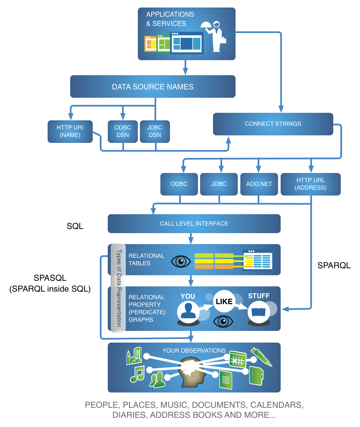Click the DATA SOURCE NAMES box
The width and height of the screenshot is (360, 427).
pos(152,87)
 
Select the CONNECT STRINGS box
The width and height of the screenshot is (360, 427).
pos(273,124)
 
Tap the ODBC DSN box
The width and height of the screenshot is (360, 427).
pos(122,131)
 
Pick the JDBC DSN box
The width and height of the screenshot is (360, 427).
pos(155,131)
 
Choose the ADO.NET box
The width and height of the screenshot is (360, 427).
pos(259,184)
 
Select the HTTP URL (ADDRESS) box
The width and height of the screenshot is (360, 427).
pos(310,184)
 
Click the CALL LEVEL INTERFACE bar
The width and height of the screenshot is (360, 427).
pos(194,224)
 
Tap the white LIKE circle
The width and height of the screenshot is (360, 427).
pos(224,301)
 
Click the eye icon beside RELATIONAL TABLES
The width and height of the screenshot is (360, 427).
pos(181,262)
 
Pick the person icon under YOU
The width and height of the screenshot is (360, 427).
pos(188,311)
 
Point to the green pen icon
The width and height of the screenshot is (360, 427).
pos(261,356)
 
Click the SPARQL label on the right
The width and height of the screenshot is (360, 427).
pos(334,265)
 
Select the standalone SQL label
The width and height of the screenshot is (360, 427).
pos(75,226)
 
